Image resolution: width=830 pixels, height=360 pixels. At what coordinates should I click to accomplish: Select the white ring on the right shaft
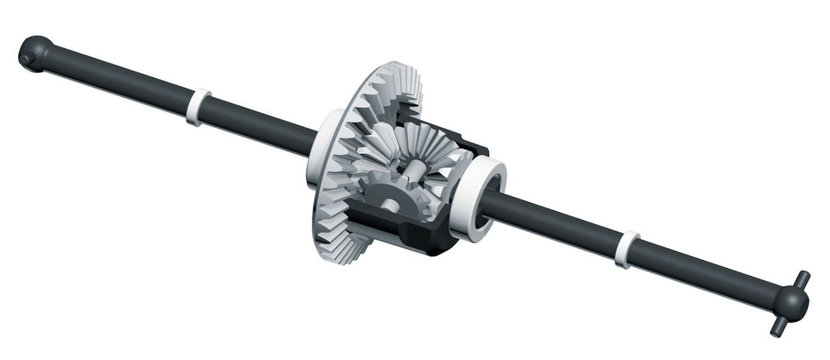click(627, 249)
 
